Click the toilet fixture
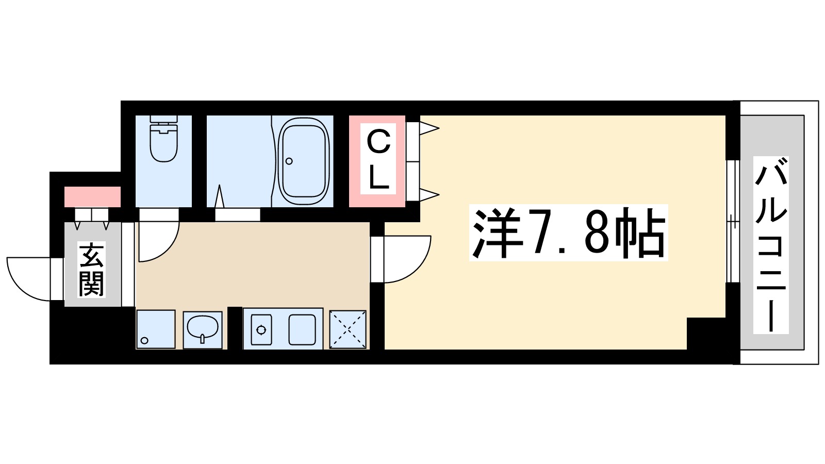pos(163,138)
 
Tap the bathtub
pos(303,161)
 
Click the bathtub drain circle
pos(289,161)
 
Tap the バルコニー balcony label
pos(771,245)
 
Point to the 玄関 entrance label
pos(91,270)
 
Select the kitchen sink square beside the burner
pos(302,329)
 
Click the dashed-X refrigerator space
pos(348,329)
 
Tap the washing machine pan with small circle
pos(155,329)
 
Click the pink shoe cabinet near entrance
pos(92,197)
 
